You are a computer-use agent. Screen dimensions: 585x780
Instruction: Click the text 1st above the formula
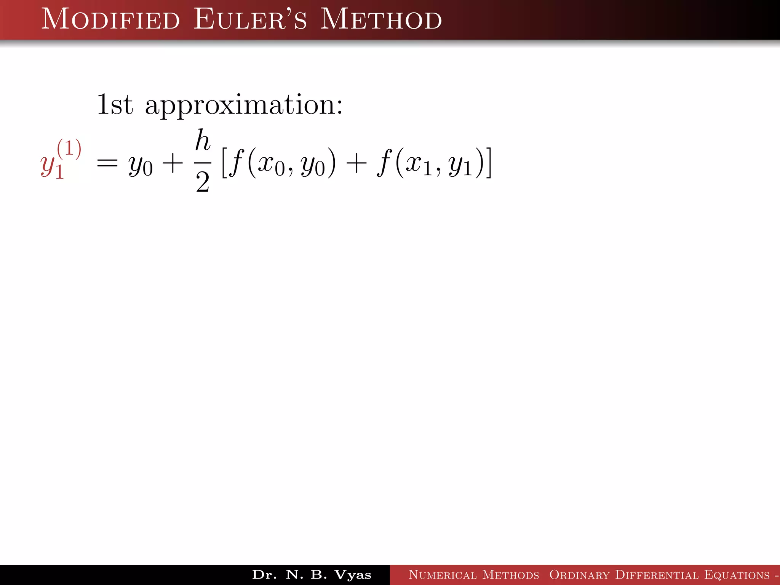(115, 104)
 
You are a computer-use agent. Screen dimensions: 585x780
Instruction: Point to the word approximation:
(244, 105)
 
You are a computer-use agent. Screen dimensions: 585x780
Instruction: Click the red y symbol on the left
(48, 165)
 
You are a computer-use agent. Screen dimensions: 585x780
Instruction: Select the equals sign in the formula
(107, 164)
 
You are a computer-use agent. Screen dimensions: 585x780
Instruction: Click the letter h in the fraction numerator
(203, 141)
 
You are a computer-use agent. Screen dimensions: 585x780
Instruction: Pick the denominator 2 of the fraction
(203, 182)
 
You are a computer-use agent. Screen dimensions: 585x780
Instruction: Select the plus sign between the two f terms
(356, 164)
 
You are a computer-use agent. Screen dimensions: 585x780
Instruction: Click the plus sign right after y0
(173, 164)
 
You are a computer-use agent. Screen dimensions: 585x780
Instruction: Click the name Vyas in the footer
(353, 575)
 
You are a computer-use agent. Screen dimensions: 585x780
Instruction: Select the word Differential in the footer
(657, 575)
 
